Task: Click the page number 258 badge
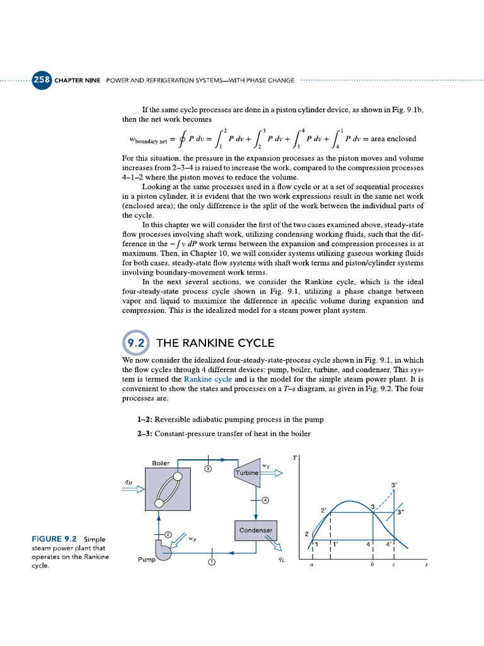[42, 80]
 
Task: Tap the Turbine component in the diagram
[248, 473]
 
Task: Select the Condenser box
[255, 531]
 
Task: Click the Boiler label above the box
[161, 463]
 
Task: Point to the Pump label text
[146, 559]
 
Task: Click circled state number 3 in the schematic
[207, 468]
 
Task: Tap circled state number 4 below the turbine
[265, 500]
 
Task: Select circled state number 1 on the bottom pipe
[212, 561]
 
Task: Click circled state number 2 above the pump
[168, 534]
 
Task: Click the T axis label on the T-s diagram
[295, 456]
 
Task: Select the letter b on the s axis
[374, 566]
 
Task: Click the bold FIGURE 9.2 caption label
[54, 539]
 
